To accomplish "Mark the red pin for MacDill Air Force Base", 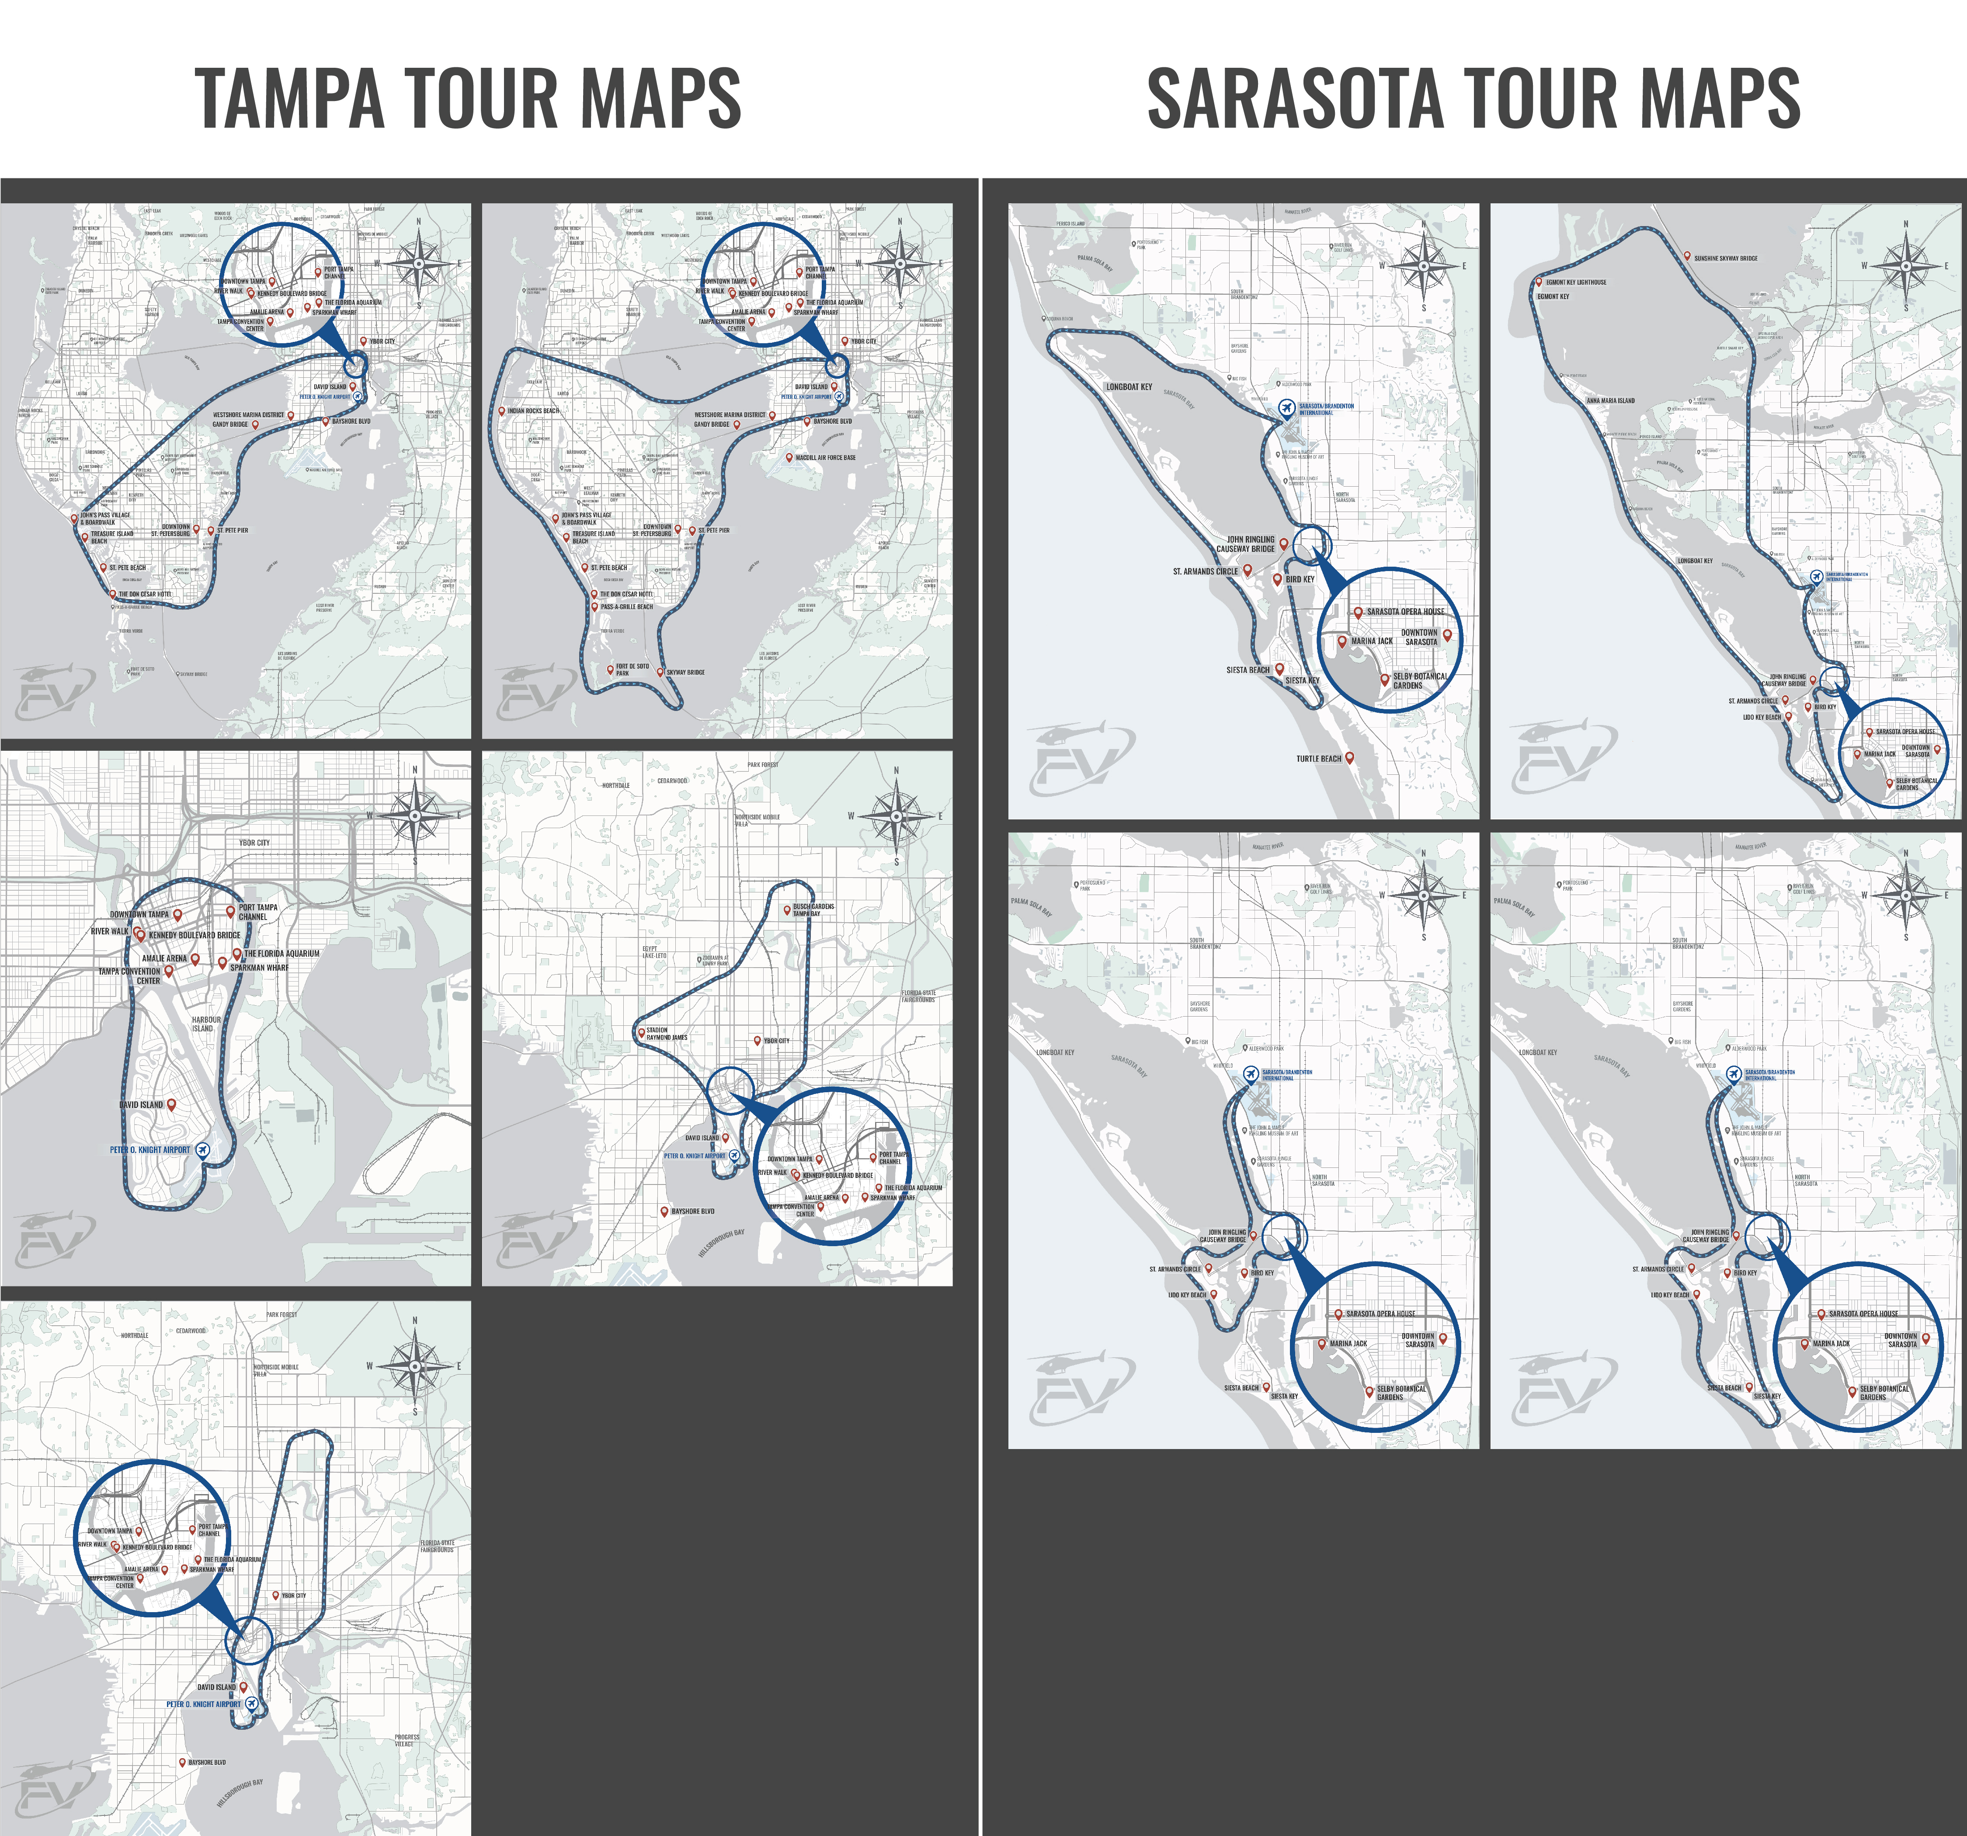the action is pos(789,457).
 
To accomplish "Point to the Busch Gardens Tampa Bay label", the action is pos(813,909).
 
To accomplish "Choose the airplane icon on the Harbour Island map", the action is pos(203,1149).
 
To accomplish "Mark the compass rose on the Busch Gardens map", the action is pos(896,815).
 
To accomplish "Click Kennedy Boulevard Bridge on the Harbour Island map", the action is pos(195,934).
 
